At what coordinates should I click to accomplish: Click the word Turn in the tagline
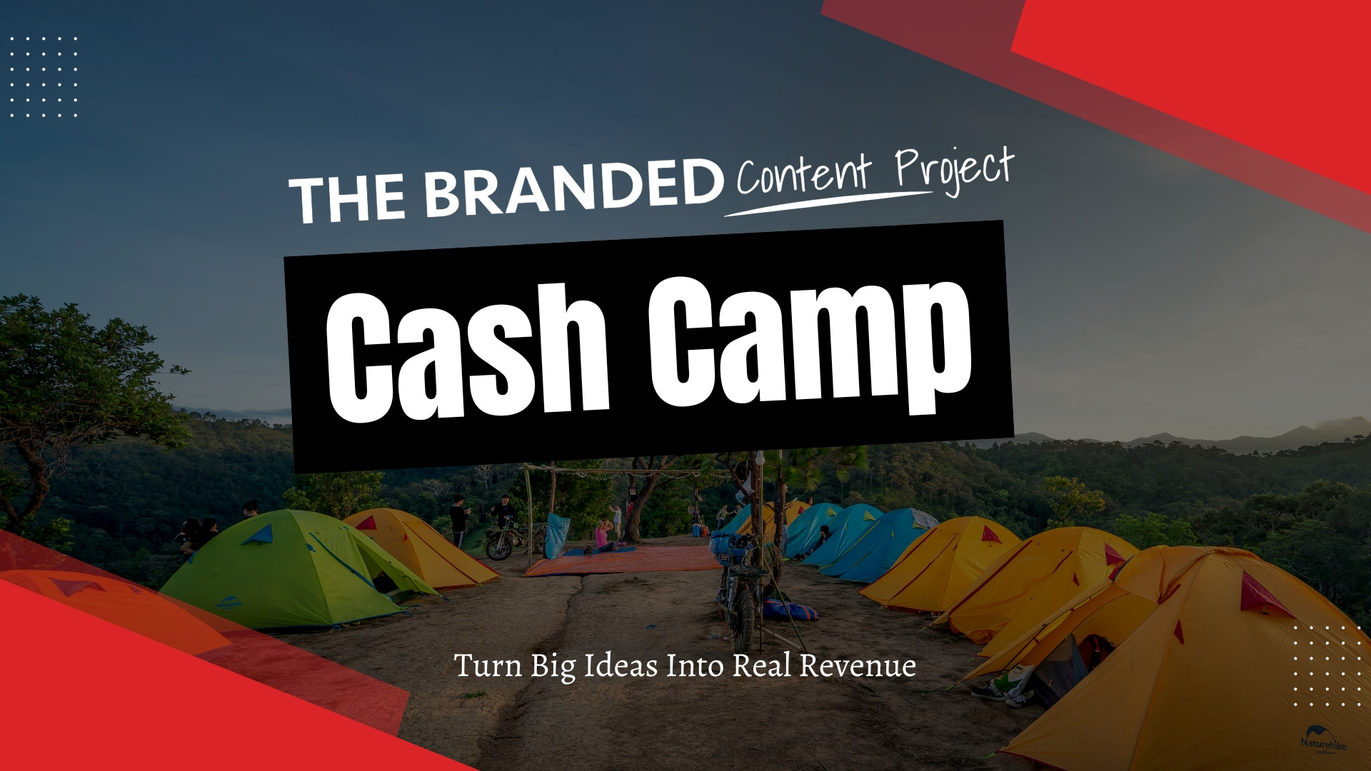[x=489, y=666]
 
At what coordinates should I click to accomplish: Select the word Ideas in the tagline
[x=621, y=666]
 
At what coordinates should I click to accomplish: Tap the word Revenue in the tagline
[x=857, y=666]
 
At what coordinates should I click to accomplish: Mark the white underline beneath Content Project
[x=828, y=203]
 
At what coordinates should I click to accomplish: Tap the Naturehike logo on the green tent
[x=229, y=603]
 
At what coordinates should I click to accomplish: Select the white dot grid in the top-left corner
[x=44, y=76]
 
